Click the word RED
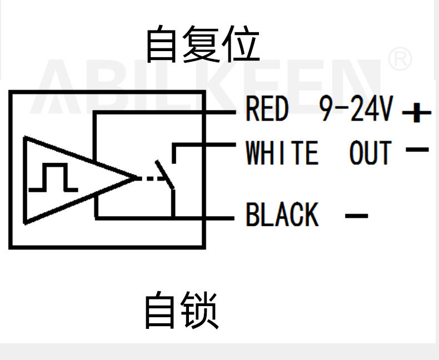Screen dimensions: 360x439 coord(267,109)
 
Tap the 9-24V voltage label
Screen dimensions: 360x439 coord(356,109)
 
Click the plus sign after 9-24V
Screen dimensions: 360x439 coord(417,114)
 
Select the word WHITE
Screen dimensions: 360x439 coord(282,153)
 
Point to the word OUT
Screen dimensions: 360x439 coord(370,153)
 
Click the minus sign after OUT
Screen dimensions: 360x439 coord(417,149)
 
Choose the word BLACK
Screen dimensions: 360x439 coord(282,214)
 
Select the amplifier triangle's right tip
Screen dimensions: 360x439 coord(135,178)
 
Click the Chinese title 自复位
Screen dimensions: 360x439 coord(202,44)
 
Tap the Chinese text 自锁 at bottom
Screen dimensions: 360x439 coord(181,311)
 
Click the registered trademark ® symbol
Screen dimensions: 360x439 coord(400,59)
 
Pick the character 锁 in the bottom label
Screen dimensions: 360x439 coord(200,311)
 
